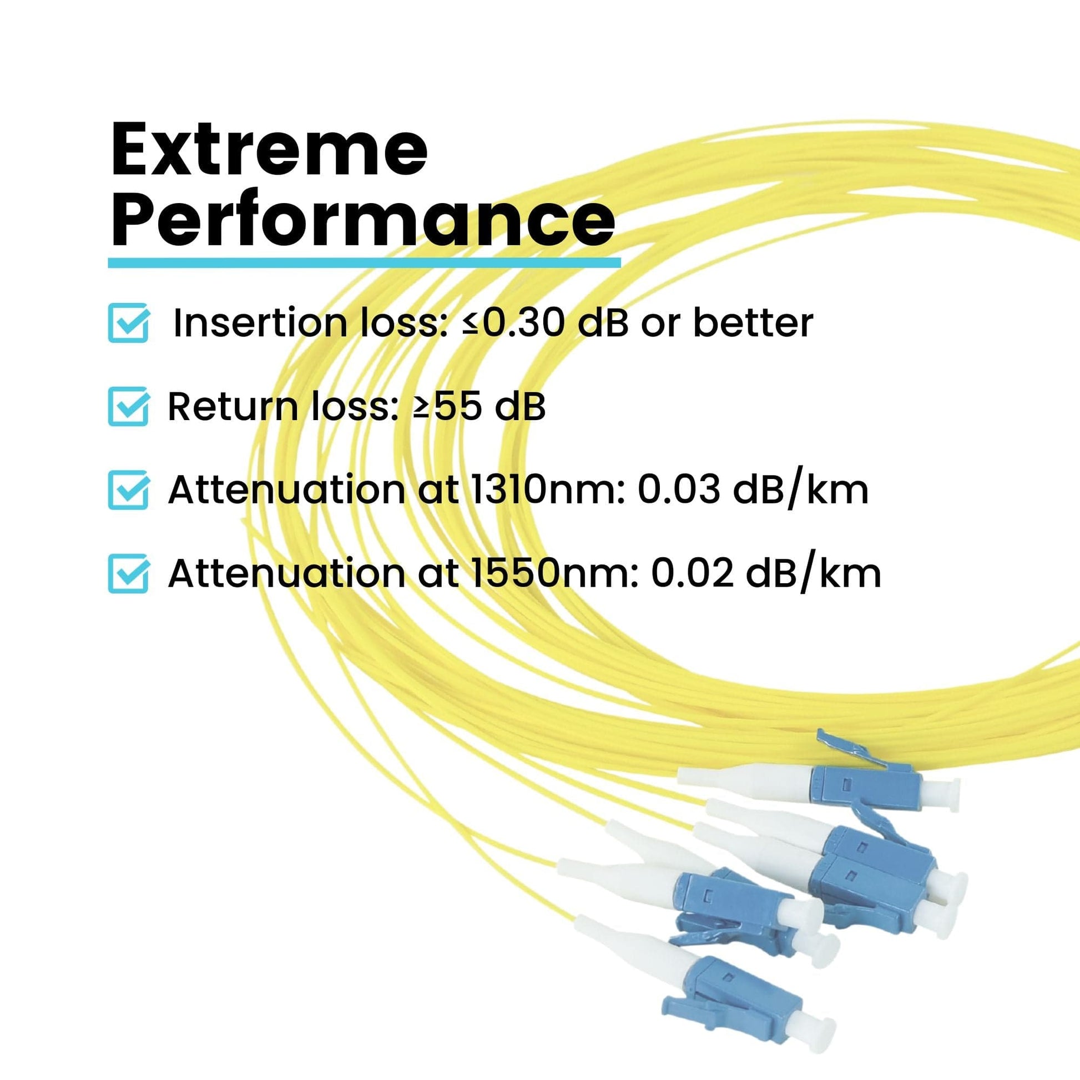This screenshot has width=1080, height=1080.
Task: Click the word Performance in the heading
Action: pyautogui.click(x=363, y=219)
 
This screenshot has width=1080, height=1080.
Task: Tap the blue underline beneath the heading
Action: pyautogui.click(x=364, y=263)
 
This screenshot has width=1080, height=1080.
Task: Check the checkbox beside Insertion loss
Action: pyautogui.click(x=128, y=322)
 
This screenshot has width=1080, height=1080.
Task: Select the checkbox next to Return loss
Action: pyautogui.click(x=128, y=406)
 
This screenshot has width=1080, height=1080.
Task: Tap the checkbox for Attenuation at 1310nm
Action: pyautogui.click(x=128, y=489)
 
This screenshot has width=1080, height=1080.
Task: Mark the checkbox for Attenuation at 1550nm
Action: pyautogui.click(x=128, y=573)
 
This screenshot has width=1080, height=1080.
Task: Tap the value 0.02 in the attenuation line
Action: pyautogui.click(x=693, y=573)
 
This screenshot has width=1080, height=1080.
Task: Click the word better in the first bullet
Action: pyautogui.click(x=753, y=323)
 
